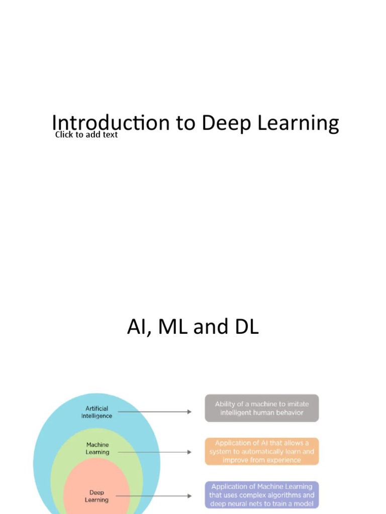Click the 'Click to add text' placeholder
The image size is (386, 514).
click(x=86, y=135)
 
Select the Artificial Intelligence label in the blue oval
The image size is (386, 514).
click(x=97, y=412)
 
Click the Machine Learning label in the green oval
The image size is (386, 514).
click(x=98, y=448)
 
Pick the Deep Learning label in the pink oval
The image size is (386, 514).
click(x=96, y=496)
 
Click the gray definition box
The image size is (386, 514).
click(x=261, y=408)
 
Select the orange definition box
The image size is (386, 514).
click(x=261, y=451)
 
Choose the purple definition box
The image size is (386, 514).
click(x=261, y=495)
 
